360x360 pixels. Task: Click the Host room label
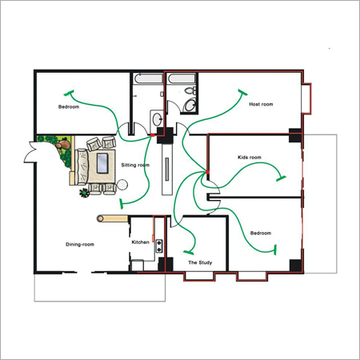pos(261,104)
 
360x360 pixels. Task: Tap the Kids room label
pos(250,158)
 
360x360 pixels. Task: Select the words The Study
pos(200,262)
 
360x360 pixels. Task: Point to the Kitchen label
pos(140,242)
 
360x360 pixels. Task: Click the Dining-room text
pos(80,245)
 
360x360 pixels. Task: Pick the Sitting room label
pos(135,165)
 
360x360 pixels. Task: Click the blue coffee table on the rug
pos(102,163)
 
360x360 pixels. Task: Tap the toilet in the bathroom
pos(190,90)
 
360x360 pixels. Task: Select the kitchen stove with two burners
pos(159,246)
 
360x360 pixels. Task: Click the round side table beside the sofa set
pos(122,185)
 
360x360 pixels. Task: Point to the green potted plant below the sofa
pos(85,193)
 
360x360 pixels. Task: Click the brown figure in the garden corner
pos(63,143)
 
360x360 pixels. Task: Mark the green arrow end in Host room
pos(242,92)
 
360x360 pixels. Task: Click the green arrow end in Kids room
pos(281,178)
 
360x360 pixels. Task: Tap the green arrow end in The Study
pos(189,252)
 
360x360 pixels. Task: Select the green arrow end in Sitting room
pos(122,204)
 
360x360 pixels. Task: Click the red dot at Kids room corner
pos(207,173)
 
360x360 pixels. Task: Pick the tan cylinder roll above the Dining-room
pos(112,218)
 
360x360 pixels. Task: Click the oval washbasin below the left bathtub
pos(157,118)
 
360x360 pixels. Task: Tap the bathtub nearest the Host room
pos(182,78)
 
